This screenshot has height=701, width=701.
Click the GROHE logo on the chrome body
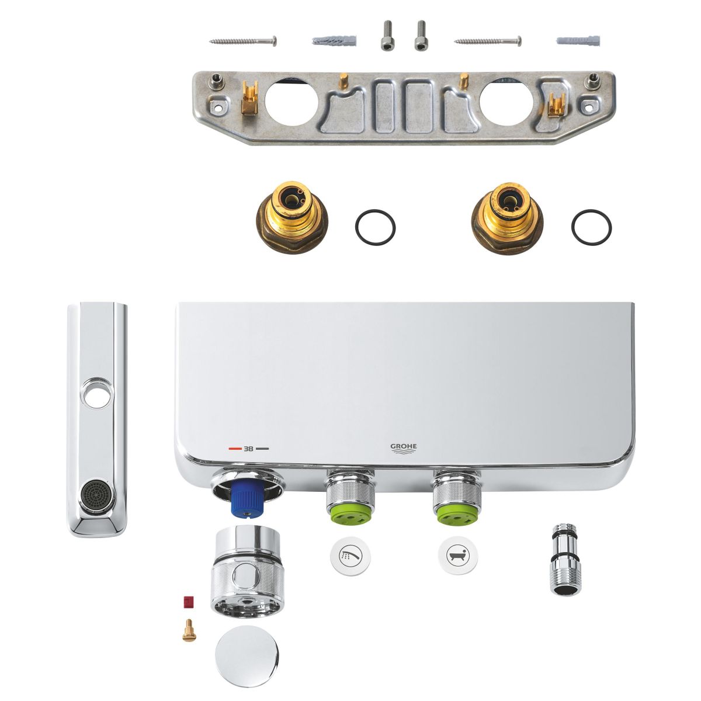[404, 449]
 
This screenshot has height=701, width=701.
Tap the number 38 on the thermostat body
[248, 449]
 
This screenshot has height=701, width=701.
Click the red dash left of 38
[235, 449]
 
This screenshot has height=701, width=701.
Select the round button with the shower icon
[350, 556]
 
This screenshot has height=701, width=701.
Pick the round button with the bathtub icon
[458, 556]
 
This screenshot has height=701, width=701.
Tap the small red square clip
[189, 602]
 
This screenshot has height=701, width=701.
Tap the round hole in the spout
[97, 396]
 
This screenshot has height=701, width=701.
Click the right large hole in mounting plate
[506, 102]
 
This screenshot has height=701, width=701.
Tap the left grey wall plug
[334, 41]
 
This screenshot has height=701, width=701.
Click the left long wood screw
[242, 41]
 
